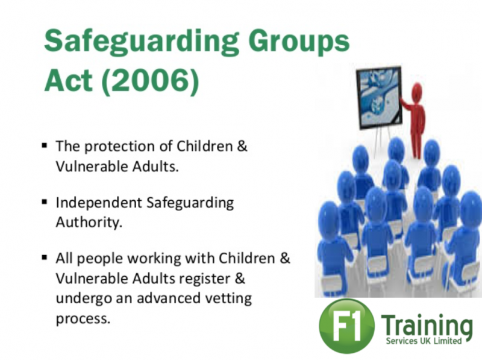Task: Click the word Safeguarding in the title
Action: [142, 42]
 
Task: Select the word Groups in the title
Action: [299, 42]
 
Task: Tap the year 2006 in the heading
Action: [150, 80]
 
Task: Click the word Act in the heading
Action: [68, 80]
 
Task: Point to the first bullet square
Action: [45, 145]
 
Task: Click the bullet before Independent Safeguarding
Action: [45, 202]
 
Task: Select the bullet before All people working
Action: [45, 257]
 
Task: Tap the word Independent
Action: [99, 203]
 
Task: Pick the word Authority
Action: [89, 222]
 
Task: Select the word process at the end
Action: [83, 319]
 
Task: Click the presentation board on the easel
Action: [380, 97]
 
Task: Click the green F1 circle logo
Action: [347, 326]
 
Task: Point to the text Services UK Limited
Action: [424, 341]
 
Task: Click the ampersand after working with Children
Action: [285, 259]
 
